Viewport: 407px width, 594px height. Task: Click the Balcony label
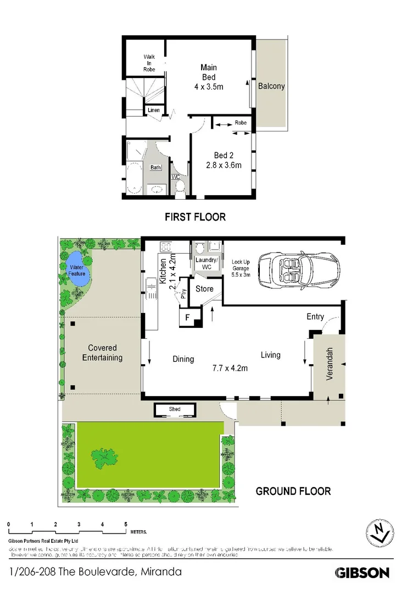tap(271, 86)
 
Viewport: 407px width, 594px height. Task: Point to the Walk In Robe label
tap(149, 63)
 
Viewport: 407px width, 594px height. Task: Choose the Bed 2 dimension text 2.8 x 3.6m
tap(224, 164)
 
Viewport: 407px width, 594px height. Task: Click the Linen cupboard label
tap(154, 111)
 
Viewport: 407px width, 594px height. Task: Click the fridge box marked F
tap(187, 317)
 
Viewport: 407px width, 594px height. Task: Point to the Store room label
tap(204, 289)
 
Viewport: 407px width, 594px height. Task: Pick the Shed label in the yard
tap(174, 410)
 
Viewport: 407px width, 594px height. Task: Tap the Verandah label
tap(330, 364)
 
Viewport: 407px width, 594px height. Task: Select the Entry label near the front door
tap(315, 317)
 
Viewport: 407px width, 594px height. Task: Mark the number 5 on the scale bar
tap(126, 524)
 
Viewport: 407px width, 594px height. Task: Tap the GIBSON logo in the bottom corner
tap(363, 573)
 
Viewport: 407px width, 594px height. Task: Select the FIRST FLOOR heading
tap(195, 217)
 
